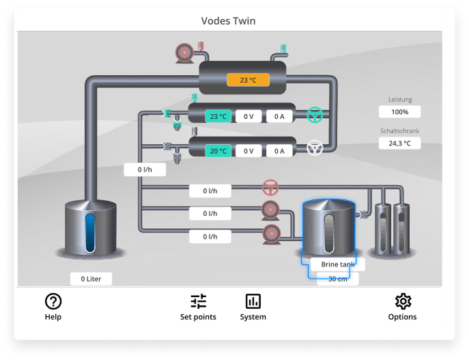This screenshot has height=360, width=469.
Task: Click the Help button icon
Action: [53, 301]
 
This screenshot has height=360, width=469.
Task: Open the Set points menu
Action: [198, 301]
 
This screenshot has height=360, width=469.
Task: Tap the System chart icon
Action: [253, 301]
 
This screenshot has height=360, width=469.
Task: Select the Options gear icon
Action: [403, 301]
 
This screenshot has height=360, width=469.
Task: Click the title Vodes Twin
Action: [228, 20]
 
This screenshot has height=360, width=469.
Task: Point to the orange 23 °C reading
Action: [248, 81]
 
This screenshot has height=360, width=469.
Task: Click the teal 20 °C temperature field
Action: [218, 151]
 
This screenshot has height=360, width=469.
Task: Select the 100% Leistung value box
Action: [399, 111]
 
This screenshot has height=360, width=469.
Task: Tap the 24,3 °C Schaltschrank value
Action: [399, 143]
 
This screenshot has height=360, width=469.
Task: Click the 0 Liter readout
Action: [91, 279]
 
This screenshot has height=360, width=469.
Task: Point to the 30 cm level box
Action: [337, 279]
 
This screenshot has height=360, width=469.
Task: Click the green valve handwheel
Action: [314, 115]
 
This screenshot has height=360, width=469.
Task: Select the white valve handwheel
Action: [314, 148]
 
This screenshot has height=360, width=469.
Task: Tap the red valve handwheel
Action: [270, 187]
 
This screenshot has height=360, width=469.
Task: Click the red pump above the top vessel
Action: [185, 52]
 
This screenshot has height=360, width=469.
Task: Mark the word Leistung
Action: [399, 100]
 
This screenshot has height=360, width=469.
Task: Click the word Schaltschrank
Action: [399, 130]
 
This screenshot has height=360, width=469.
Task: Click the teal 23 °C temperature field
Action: [218, 116]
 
